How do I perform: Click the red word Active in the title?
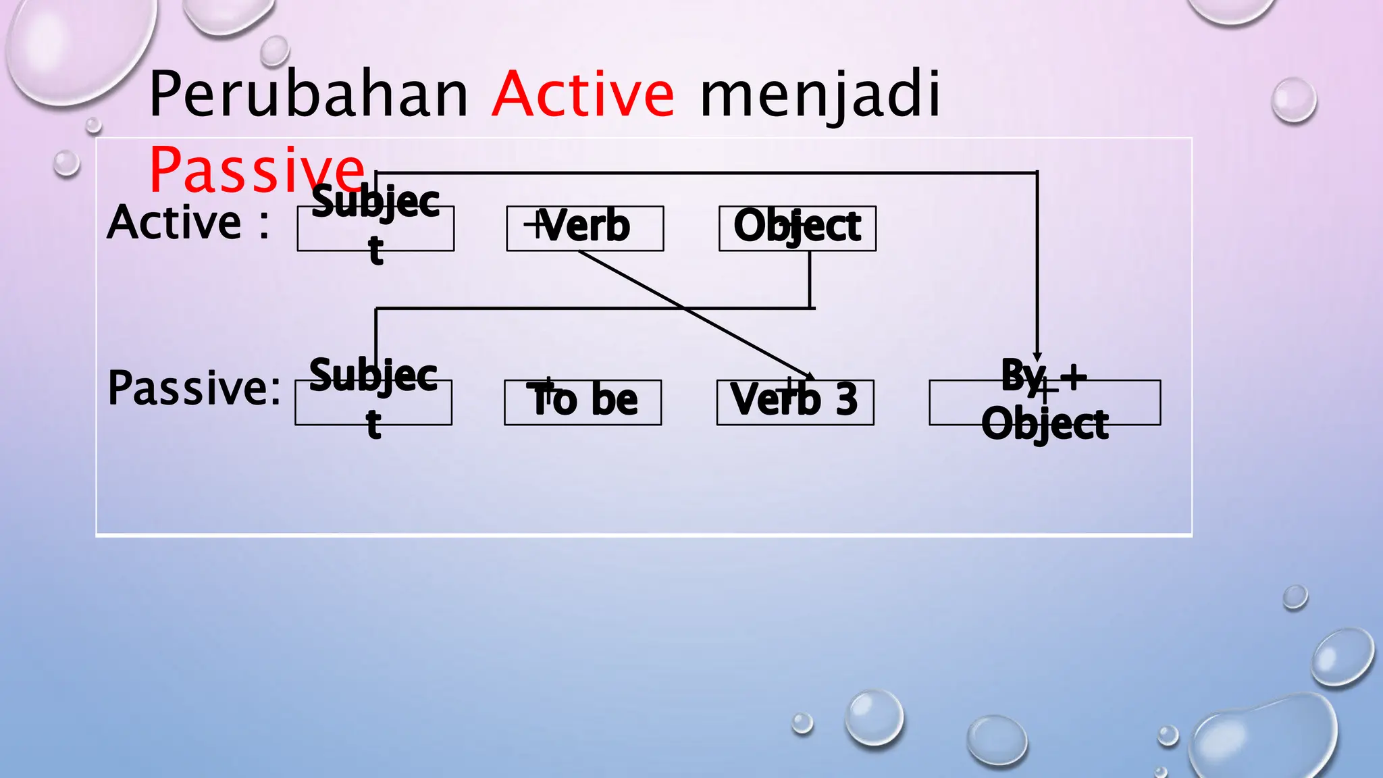[582, 94]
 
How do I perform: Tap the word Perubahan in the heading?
[308, 94]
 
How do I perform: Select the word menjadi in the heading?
[820, 95]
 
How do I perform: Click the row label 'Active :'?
[188, 222]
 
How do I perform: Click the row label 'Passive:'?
[194, 388]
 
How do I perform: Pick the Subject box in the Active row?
[375, 228]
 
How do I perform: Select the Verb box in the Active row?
[585, 228]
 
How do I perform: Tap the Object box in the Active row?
[797, 228]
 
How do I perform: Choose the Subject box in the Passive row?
[373, 403]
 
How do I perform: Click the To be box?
[582, 403]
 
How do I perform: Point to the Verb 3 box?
[795, 403]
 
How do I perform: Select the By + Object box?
[1044, 403]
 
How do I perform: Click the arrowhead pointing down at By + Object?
[1037, 357]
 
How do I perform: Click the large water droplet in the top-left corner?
[74, 47]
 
